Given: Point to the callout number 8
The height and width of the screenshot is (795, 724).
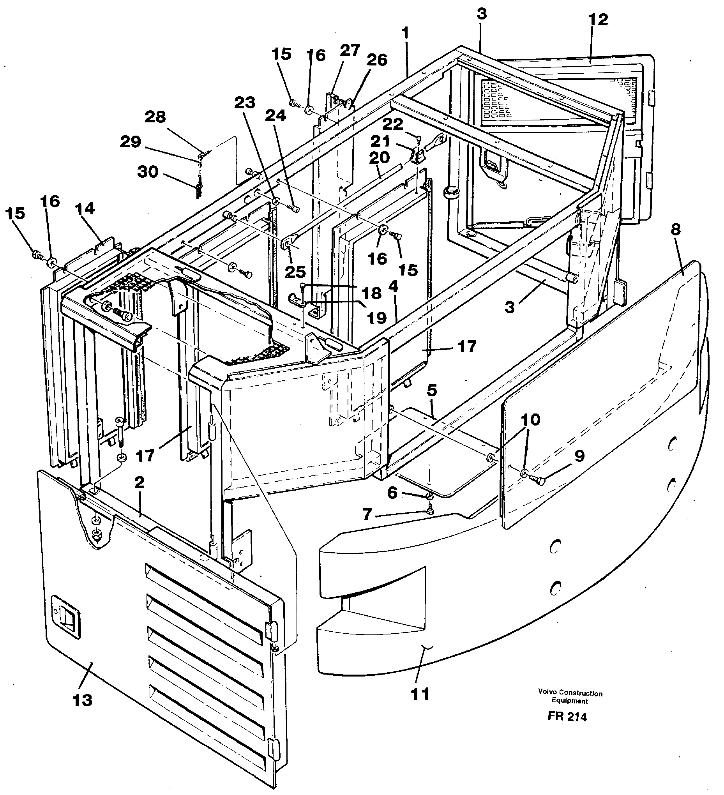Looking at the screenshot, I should point(676,230).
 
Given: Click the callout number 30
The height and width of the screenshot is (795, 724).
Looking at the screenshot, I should point(147,172).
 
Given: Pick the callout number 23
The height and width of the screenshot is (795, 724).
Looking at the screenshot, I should point(245,103).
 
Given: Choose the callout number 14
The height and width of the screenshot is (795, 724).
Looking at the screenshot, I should point(85,208).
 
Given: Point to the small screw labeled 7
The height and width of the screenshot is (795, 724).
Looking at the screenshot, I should point(429,511).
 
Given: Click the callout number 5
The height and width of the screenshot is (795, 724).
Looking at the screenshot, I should point(431,391).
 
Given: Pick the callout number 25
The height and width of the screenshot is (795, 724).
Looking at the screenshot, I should point(295,272).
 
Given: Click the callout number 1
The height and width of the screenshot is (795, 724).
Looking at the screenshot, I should point(405,34).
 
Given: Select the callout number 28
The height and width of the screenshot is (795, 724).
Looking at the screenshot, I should point(155,117).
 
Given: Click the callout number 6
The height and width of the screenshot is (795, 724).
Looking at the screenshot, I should point(392,492).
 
